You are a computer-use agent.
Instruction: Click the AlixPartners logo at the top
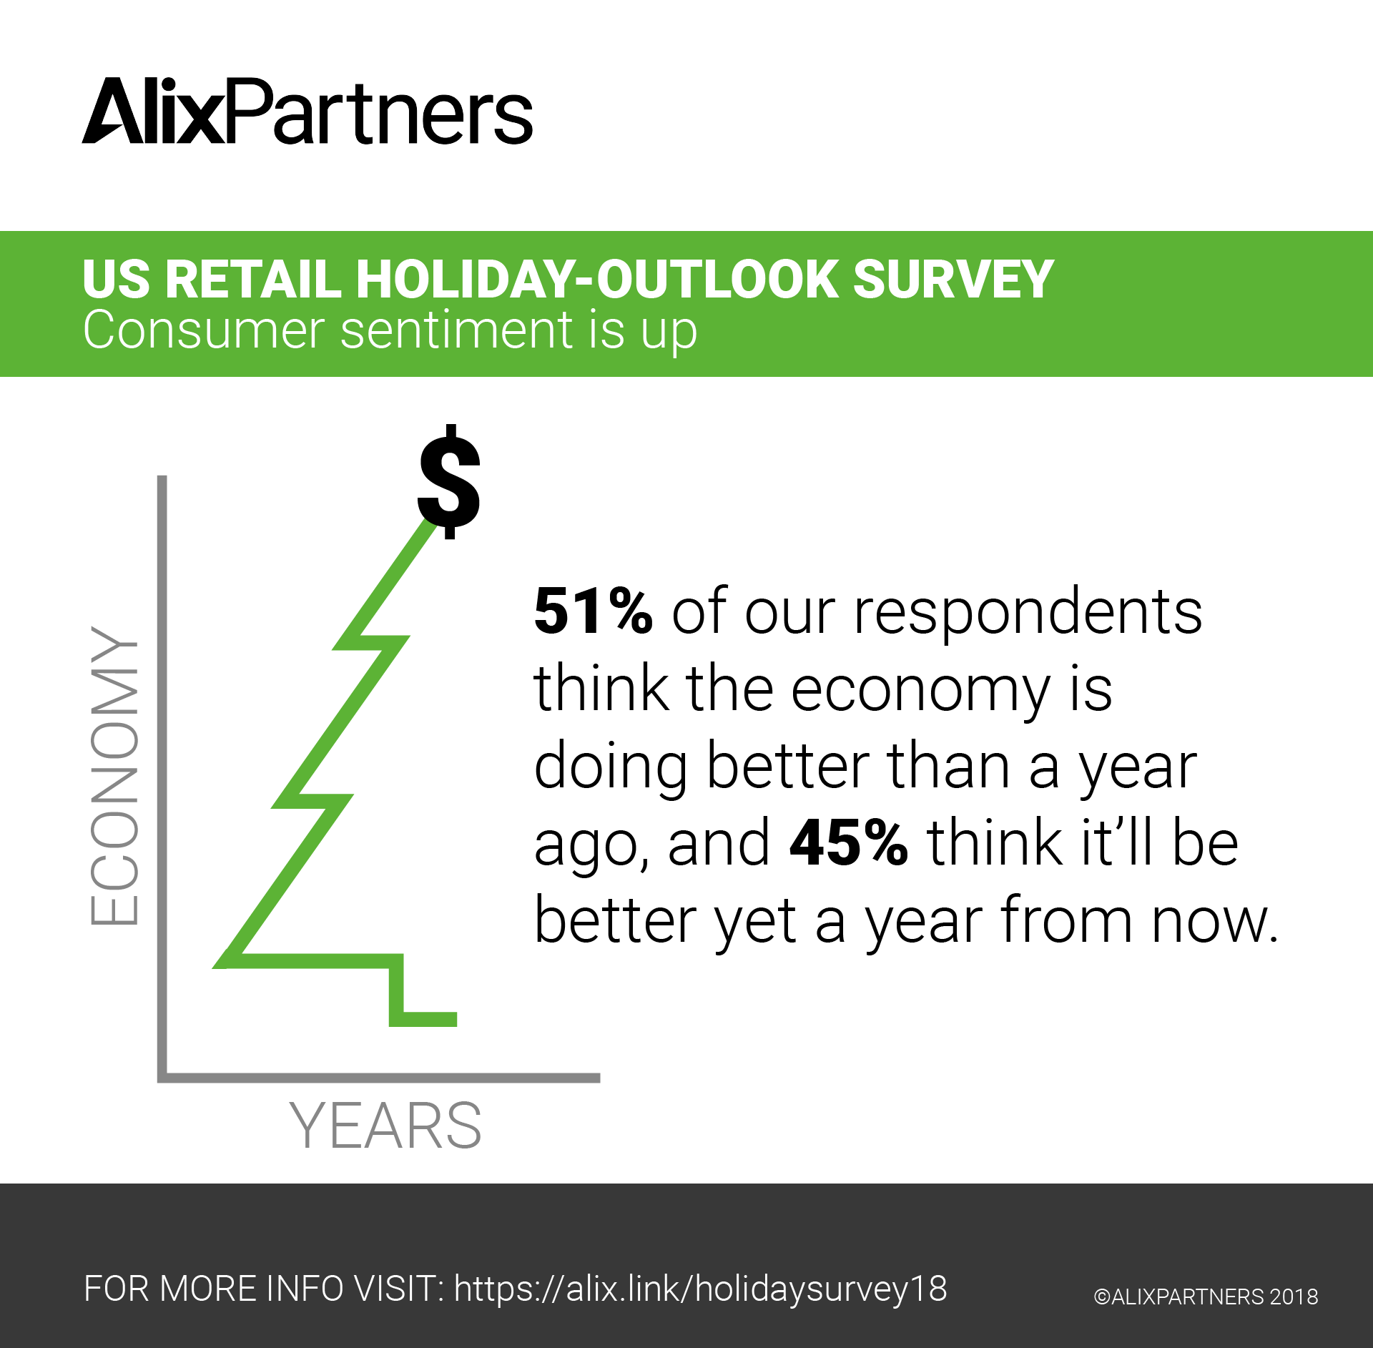point(307,112)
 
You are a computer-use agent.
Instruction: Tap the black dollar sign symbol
point(449,481)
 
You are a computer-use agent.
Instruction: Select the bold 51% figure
point(593,611)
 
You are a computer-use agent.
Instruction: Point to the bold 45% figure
point(848,842)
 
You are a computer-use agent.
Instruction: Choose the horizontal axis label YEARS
point(385,1125)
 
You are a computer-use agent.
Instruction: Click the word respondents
point(1028,614)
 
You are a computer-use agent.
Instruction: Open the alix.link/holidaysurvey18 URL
point(700,1289)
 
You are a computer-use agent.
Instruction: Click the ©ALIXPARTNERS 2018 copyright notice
point(1206,1297)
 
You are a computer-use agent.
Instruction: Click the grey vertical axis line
point(162,778)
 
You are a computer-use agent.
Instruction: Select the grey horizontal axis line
point(379,1078)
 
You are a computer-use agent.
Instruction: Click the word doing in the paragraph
point(611,768)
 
